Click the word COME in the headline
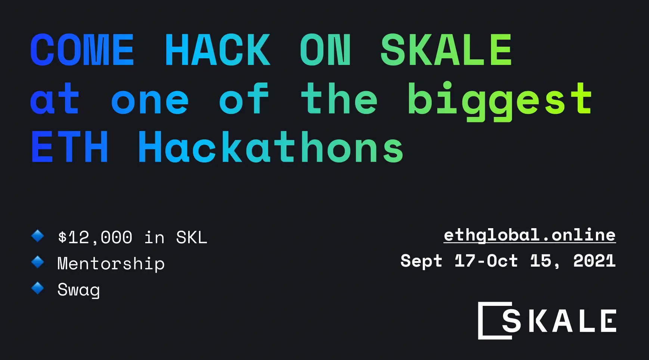click(x=82, y=50)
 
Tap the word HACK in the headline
click(x=217, y=50)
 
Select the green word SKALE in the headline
click(x=446, y=50)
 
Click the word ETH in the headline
click(x=70, y=148)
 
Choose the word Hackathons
click(x=271, y=148)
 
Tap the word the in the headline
click(x=339, y=99)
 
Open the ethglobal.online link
click(x=530, y=235)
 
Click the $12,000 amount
click(x=95, y=238)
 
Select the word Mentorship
click(x=111, y=264)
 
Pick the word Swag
click(x=79, y=290)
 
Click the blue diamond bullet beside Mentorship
click(x=38, y=262)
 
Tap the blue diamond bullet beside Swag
click(x=38, y=288)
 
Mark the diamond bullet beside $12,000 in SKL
click(x=38, y=236)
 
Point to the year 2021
click(x=594, y=261)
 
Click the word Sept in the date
click(x=421, y=261)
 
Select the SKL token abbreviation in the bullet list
click(x=192, y=238)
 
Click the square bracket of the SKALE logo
click(x=484, y=320)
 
